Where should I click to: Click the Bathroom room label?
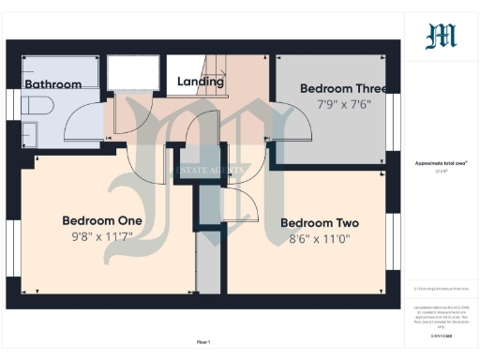click(52, 83)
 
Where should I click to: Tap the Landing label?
click(201, 82)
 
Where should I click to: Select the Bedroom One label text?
click(102, 220)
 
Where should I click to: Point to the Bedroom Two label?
click(320, 223)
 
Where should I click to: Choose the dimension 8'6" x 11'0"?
click(320, 239)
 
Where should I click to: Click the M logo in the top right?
click(441, 37)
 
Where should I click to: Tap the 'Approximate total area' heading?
click(441, 163)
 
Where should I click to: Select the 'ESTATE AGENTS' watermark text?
click(211, 170)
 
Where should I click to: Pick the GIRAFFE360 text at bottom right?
click(441, 335)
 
